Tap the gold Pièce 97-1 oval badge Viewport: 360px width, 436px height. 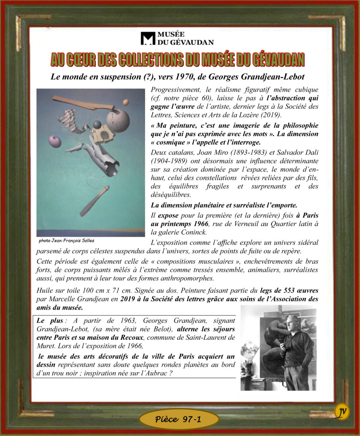click(x=179, y=419)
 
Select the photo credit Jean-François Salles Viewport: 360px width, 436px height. click(x=67, y=241)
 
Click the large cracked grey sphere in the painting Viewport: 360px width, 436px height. click(x=118, y=120)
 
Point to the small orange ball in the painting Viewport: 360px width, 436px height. click(x=125, y=102)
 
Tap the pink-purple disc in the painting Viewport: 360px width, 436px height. click(x=55, y=141)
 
